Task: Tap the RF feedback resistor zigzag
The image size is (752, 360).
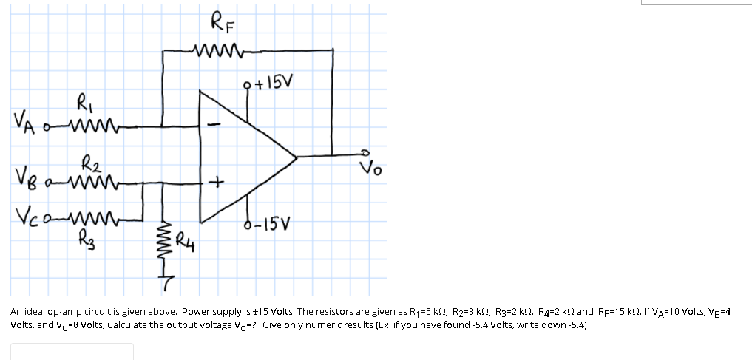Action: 214,50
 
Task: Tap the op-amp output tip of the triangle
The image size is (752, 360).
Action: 296,156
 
